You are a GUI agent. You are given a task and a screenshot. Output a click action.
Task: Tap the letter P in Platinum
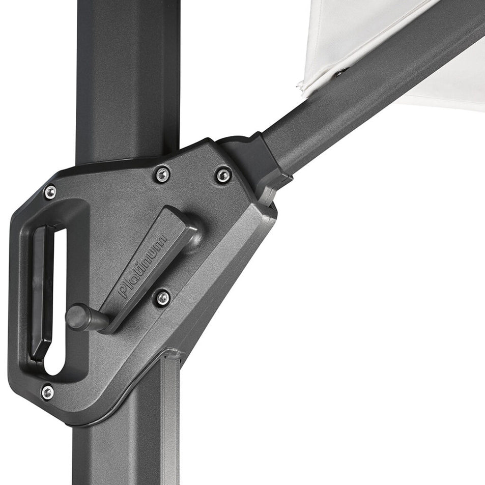[124, 292]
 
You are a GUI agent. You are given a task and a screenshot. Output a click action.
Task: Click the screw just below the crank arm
[163, 298]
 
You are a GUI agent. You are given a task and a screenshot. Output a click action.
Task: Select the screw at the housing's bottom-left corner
[47, 392]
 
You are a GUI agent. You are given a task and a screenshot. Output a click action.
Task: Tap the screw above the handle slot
[50, 192]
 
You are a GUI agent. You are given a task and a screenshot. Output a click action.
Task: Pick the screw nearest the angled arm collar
[223, 176]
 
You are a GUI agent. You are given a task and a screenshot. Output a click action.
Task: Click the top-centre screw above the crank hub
[162, 175]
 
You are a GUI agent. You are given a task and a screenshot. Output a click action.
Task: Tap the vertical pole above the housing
[127, 76]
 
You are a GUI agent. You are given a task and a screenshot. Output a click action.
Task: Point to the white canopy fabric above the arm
[356, 31]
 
